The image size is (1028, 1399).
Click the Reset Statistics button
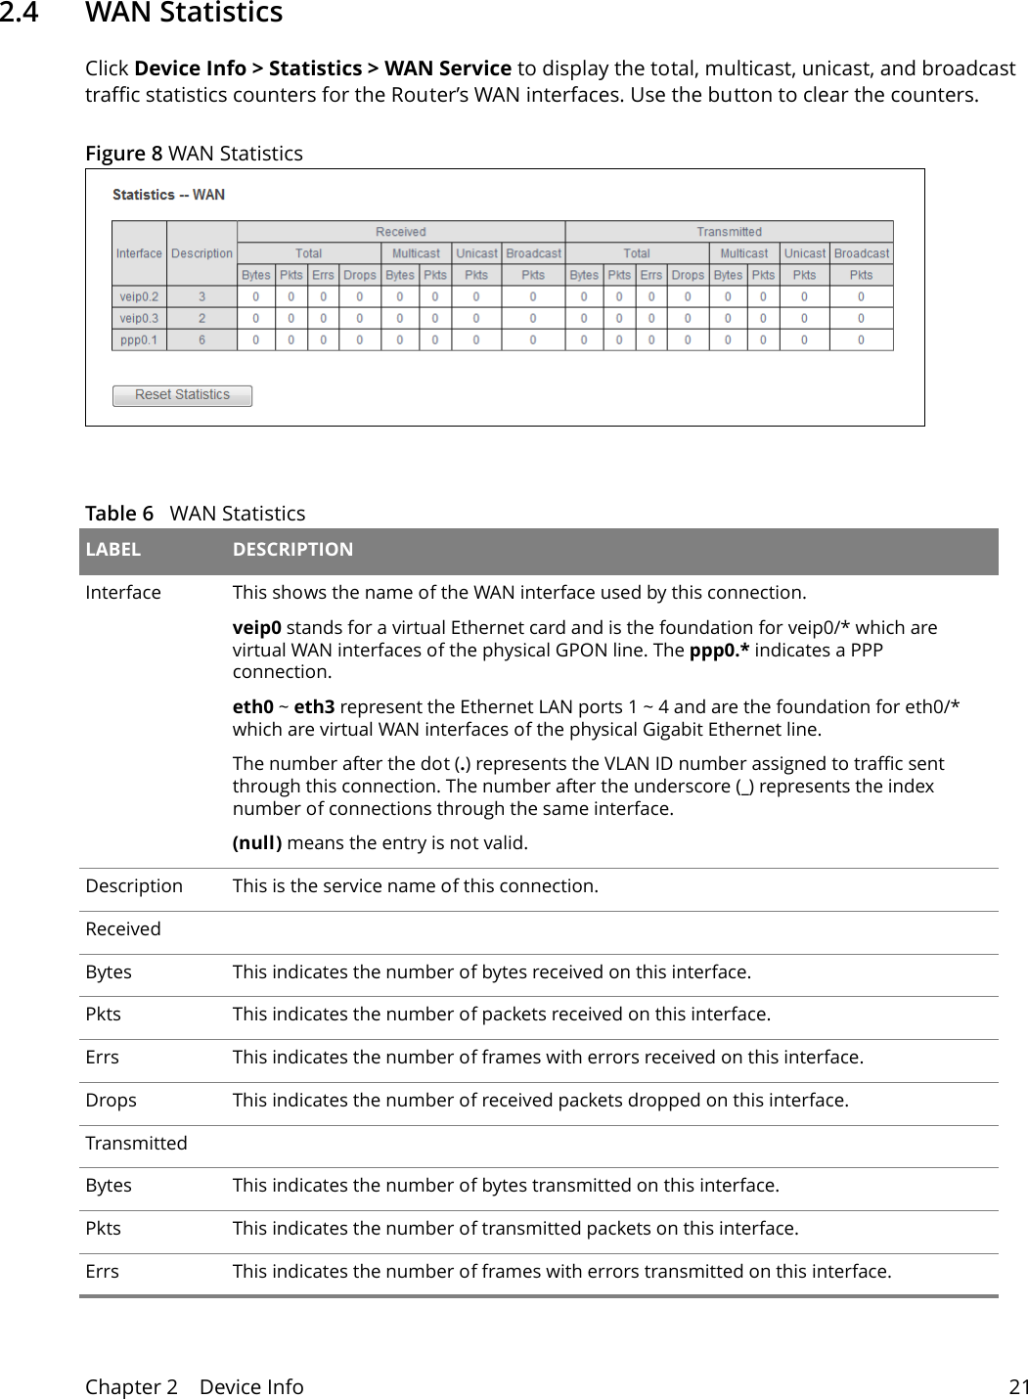[x=182, y=395]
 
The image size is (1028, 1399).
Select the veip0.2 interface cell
[x=139, y=296]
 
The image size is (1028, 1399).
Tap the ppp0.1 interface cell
[x=139, y=340]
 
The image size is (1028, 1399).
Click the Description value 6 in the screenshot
[x=202, y=340]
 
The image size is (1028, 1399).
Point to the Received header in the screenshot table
[x=401, y=232]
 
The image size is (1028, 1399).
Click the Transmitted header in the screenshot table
[x=729, y=232]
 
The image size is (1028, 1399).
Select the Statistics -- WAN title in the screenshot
[x=168, y=195]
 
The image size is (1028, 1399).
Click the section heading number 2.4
[x=20, y=13]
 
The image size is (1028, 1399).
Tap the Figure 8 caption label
[x=123, y=154]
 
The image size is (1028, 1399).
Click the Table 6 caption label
[x=119, y=514]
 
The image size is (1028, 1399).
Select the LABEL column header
[x=113, y=550]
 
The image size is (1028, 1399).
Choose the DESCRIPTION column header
[x=292, y=550]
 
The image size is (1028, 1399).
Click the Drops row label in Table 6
[x=111, y=1101]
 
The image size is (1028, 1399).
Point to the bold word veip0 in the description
[x=256, y=627]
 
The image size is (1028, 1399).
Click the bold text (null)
[x=257, y=842]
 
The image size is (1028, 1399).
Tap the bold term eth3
[x=314, y=706]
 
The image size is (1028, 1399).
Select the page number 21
[x=1018, y=1386]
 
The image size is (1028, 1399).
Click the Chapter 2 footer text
[x=131, y=1386]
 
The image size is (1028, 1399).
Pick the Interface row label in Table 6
[x=123, y=593]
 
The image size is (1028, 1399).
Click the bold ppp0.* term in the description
[x=719, y=650]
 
